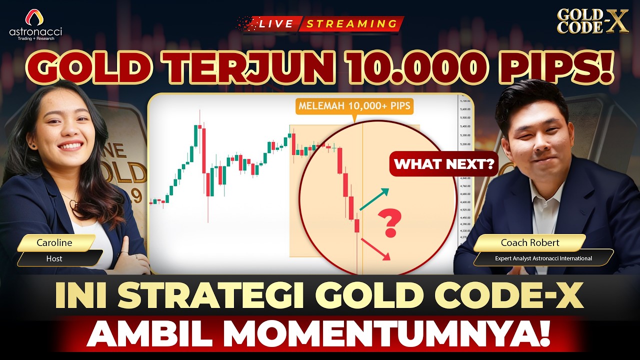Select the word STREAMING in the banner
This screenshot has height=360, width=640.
(x=351, y=23)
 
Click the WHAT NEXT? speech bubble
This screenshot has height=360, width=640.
(x=443, y=164)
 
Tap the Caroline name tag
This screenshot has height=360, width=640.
(x=55, y=243)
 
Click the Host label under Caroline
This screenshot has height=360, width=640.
(x=54, y=258)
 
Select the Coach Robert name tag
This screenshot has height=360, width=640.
(x=529, y=243)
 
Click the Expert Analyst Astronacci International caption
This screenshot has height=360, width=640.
(x=543, y=258)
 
